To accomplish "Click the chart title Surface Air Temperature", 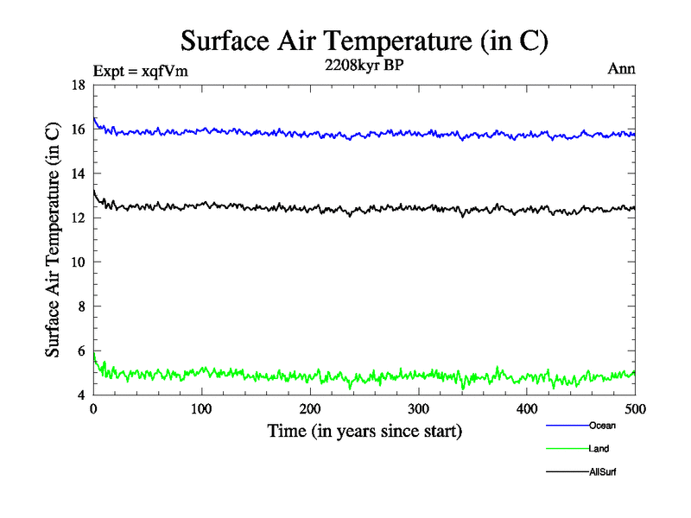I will (364, 41).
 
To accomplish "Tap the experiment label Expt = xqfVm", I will (139, 72).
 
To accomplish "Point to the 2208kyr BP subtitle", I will (363, 65).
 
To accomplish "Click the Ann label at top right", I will (621, 69).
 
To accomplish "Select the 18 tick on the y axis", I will (78, 85).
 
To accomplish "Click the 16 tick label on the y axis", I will (78, 129).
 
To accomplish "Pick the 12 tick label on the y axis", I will (78, 218).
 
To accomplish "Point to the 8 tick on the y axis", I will (81, 306).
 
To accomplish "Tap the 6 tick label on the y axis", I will (81, 351).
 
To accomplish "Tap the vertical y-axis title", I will (54, 240).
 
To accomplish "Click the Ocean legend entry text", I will (602, 425).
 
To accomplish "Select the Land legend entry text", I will (599, 448).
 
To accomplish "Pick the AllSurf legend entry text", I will (603, 471).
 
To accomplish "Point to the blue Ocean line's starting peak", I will (94, 118).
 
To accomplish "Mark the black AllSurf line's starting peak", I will (94, 190).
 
